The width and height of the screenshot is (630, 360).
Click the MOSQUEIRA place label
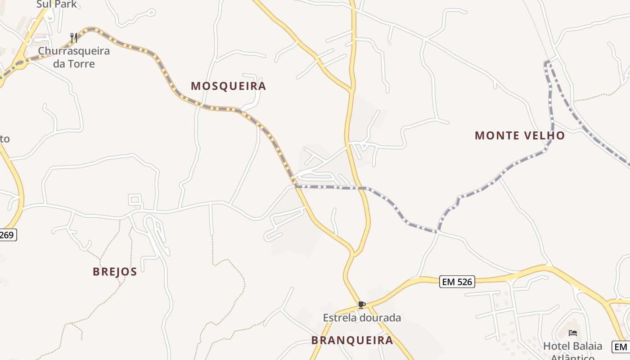pyautogui.click(x=228, y=86)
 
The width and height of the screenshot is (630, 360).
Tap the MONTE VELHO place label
pyautogui.click(x=520, y=135)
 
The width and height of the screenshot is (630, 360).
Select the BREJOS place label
pyautogui.click(x=115, y=272)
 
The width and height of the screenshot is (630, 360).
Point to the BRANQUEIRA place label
pyautogui.click(x=352, y=340)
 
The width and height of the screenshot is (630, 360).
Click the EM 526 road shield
pyautogui.click(x=457, y=282)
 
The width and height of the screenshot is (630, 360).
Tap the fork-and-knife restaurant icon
pyautogui.click(x=74, y=38)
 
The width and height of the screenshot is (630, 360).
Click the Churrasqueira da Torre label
pyautogui.click(x=74, y=57)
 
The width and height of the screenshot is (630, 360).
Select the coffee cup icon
pyautogui.click(x=361, y=305)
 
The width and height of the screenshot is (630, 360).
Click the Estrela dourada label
pyautogui.click(x=362, y=318)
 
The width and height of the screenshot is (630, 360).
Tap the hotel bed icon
pyautogui.click(x=572, y=333)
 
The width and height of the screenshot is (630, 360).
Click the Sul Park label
pyautogui.click(x=57, y=4)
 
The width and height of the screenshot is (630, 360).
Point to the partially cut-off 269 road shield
pyautogui.click(x=7, y=234)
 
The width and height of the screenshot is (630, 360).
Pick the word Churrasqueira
pyautogui.click(x=74, y=51)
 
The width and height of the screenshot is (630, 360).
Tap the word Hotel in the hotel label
pyautogui.click(x=557, y=346)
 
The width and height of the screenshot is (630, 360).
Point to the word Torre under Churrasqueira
pyautogui.click(x=81, y=63)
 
